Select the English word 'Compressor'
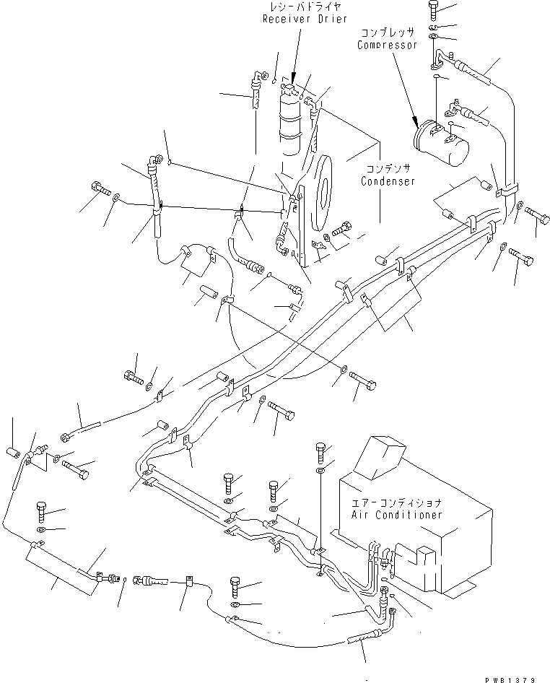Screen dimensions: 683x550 pos(388,45)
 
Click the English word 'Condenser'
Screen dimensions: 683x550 pos(388,182)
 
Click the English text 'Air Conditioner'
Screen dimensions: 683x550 pos(396,515)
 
